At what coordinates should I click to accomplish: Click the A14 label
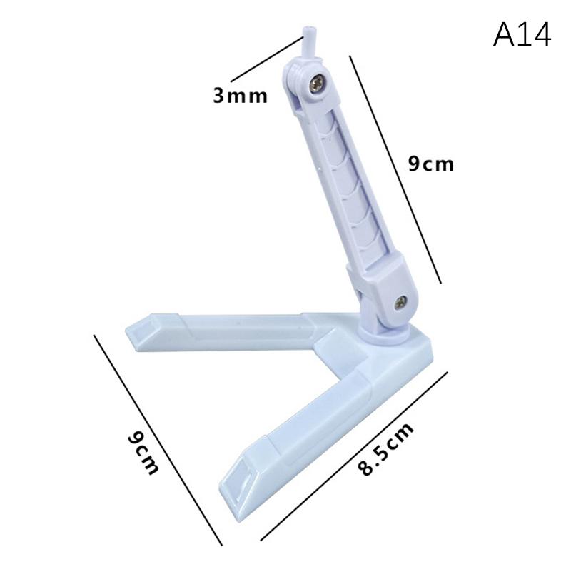pos(522,34)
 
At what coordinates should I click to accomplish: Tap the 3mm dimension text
pos(241,95)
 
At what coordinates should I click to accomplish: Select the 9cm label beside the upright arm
pos(430,164)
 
